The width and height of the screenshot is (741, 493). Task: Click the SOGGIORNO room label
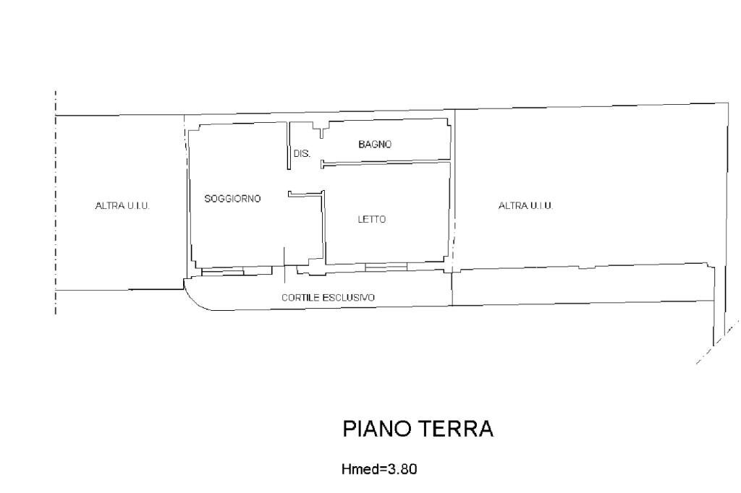pyautogui.click(x=232, y=198)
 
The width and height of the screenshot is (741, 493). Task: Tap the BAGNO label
pyautogui.click(x=375, y=145)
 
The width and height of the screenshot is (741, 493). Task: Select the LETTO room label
pyautogui.click(x=371, y=220)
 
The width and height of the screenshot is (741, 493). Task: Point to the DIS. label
pyautogui.click(x=302, y=153)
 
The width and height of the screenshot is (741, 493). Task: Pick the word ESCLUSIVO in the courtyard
pyautogui.click(x=351, y=297)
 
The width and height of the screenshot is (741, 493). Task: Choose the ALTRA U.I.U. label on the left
pyautogui.click(x=122, y=205)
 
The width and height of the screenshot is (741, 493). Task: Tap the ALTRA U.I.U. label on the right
pyautogui.click(x=525, y=206)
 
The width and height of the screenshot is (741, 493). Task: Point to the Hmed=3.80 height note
pyautogui.click(x=378, y=469)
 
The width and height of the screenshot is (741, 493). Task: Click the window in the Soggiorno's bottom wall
pyautogui.click(x=223, y=272)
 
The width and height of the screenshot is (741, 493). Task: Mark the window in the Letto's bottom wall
pyautogui.click(x=376, y=268)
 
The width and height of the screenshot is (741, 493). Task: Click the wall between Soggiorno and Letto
pyautogui.click(x=323, y=228)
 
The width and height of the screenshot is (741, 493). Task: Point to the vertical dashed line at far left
pyautogui.click(x=56, y=202)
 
